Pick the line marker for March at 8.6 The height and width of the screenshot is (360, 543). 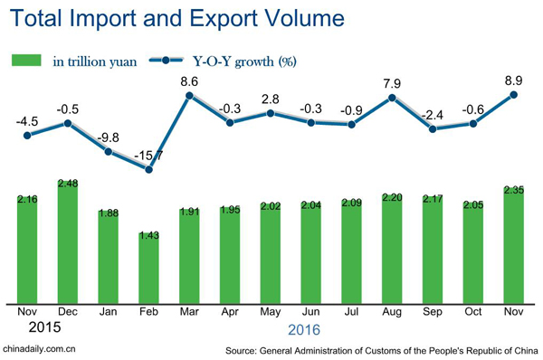[x=190, y=96]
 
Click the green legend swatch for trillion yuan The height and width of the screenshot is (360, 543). [x=27, y=61]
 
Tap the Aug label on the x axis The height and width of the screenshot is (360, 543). [x=393, y=312]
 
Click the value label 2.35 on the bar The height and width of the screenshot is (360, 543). [x=515, y=189]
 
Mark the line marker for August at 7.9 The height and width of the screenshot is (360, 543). [x=393, y=97]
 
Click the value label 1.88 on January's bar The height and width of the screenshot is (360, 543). [x=109, y=213]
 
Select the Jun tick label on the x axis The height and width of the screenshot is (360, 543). [x=311, y=312]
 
